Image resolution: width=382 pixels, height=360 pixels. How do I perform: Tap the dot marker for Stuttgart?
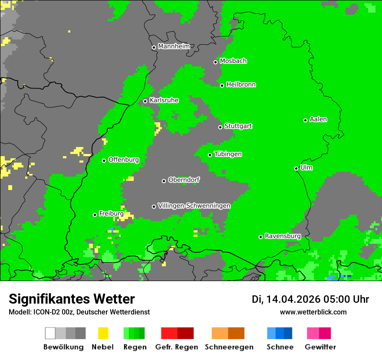220,127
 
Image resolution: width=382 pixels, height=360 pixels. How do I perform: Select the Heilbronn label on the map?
241,85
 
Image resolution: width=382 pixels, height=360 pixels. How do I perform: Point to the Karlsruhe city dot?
145,101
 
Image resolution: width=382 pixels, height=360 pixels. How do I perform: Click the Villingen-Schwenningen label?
194,206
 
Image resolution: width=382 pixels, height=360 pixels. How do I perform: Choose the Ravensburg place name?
283,236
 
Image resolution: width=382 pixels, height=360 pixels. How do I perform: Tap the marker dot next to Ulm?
296,168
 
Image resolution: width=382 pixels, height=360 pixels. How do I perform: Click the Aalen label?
318,119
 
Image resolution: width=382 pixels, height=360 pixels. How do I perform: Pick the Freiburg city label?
111,214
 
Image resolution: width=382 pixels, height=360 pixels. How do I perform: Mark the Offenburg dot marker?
104,160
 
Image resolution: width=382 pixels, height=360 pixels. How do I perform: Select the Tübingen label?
228,154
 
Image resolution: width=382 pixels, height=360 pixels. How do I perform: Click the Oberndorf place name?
184,180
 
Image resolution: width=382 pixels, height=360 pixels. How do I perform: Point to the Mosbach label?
233,61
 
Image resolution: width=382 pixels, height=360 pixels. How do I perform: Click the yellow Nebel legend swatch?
103,333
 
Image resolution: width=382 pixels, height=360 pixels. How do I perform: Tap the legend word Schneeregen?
229,347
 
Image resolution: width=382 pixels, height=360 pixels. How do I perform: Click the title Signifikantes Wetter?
72,299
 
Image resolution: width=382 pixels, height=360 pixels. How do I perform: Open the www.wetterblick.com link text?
313,312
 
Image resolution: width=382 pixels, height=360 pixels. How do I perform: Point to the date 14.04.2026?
293,299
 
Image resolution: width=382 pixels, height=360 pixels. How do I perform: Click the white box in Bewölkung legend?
50,333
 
